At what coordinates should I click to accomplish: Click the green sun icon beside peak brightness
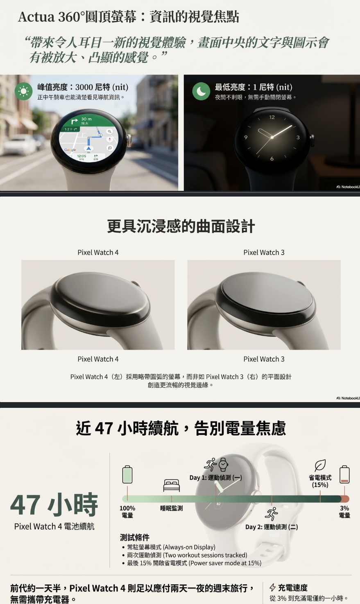point(23,91)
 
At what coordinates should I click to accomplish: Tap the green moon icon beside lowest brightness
point(201,91)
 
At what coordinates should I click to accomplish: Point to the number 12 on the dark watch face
point(272,118)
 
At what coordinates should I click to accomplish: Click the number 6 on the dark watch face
point(272,158)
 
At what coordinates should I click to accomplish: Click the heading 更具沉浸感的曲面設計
point(181,226)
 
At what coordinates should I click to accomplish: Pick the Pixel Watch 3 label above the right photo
point(264,252)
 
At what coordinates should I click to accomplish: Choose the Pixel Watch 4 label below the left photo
point(98,359)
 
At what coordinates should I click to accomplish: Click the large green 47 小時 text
point(54,504)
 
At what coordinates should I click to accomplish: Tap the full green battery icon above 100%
point(127,475)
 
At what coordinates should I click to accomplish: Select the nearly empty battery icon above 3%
point(344,475)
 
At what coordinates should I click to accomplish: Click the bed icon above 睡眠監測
point(172,485)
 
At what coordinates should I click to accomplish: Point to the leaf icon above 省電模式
point(320,465)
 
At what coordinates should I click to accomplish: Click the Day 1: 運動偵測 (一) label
point(215,477)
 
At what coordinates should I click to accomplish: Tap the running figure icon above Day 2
point(272,514)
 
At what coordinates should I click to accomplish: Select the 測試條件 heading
point(134,537)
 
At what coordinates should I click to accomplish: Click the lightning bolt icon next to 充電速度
point(273,588)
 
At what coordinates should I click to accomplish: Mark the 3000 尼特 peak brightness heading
point(83,87)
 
